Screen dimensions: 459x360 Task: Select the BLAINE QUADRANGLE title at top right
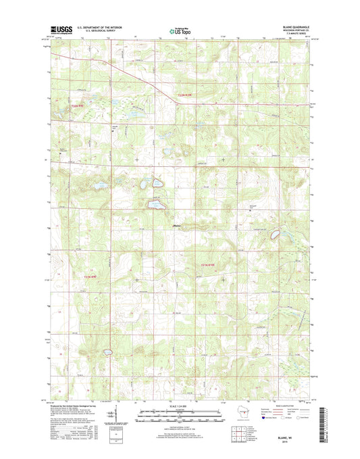pyautogui.click(x=294, y=26)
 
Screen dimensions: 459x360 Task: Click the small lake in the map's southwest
pyautogui.click(x=106, y=352)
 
